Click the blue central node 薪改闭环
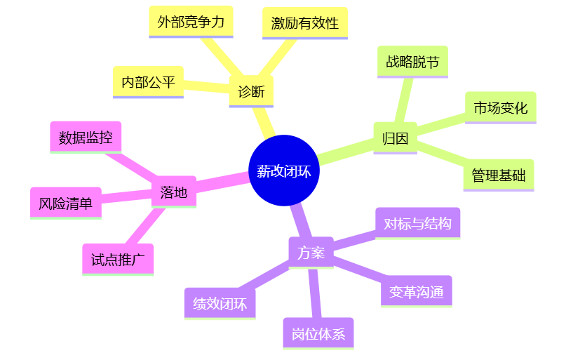tap(284, 171)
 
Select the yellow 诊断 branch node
tap(251, 92)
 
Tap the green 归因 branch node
tap(395, 138)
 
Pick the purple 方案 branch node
tap(311, 253)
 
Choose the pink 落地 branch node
tap(174, 192)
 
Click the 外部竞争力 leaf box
tap(191, 22)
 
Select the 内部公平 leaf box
tap(148, 82)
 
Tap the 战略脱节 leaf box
tap(412, 62)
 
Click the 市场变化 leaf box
tap(500, 108)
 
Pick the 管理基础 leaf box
tap(499, 175)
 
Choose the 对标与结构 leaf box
tap(417, 224)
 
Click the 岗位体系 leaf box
tap(318, 334)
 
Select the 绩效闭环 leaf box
tap(220, 304)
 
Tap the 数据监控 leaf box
tap(86, 138)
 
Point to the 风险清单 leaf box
tap(66, 204)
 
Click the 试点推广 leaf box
tap(118, 260)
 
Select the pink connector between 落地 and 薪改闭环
tap(222, 182)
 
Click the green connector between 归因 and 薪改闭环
tap(346, 152)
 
